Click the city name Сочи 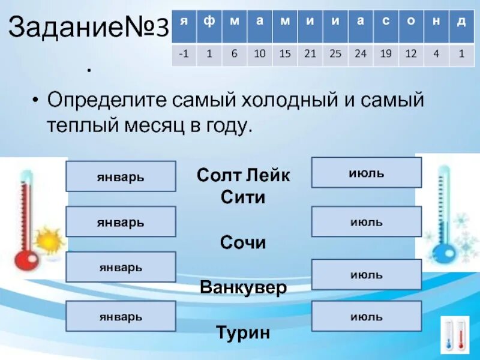coord(243,242)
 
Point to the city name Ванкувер coord(243,287)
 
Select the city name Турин coord(243,332)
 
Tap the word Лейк coord(268,175)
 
